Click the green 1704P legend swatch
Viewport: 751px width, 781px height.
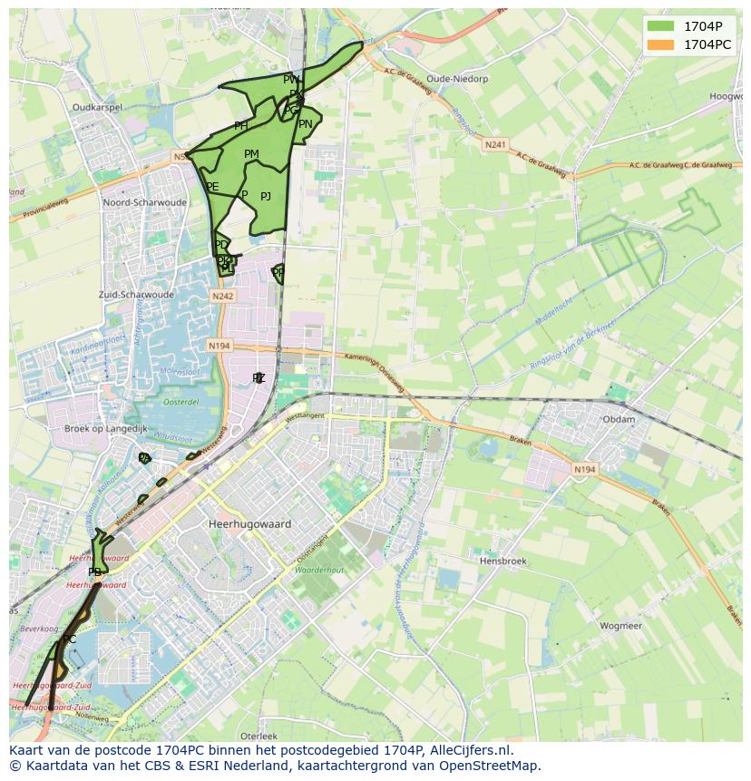click(x=662, y=26)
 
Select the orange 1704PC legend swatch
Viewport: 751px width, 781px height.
click(x=662, y=44)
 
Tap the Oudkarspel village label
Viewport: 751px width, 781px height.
click(x=97, y=107)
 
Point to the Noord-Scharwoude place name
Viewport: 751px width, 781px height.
click(x=145, y=202)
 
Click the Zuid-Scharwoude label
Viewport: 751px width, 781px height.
click(x=136, y=295)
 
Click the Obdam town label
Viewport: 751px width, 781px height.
click(x=619, y=420)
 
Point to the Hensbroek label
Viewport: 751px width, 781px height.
click(x=502, y=561)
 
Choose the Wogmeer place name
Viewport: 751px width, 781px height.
click(x=620, y=626)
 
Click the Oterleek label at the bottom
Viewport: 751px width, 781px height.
click(x=258, y=736)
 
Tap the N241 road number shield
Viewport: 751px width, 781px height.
click(x=495, y=144)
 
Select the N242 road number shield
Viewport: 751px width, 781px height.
click(x=222, y=297)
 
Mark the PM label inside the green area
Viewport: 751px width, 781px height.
click(x=251, y=154)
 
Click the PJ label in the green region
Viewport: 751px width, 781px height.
click(x=266, y=197)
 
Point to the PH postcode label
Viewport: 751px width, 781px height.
click(x=240, y=126)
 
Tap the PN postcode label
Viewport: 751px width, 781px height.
click(x=306, y=124)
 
